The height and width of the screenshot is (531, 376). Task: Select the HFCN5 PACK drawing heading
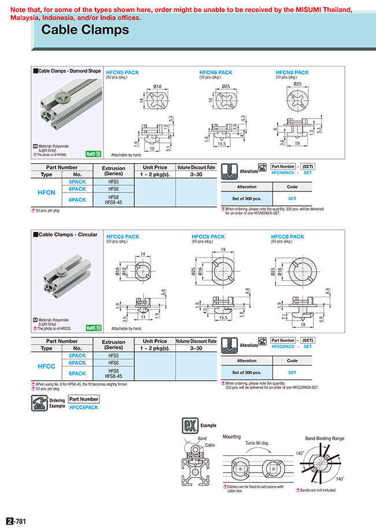pyautogui.click(x=122, y=72)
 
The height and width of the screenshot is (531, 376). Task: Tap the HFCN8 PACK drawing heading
pyautogui.click(x=292, y=72)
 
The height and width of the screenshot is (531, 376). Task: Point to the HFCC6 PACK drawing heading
pyautogui.click(x=208, y=237)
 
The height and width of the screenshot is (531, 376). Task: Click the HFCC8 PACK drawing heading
pyautogui.click(x=287, y=237)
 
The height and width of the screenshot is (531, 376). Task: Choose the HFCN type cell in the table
pyautogui.click(x=46, y=193)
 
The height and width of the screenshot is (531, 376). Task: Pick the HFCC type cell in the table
pyautogui.click(x=46, y=367)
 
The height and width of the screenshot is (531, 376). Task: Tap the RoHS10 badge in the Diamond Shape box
pyautogui.click(x=93, y=154)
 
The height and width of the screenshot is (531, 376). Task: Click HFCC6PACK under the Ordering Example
pyautogui.click(x=83, y=407)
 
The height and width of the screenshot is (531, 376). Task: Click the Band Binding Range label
pyautogui.click(x=325, y=438)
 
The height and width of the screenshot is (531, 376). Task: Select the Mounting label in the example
pyautogui.click(x=233, y=438)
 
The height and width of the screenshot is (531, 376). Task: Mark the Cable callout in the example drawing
pyautogui.click(x=209, y=445)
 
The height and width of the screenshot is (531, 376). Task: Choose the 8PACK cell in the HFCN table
pyautogui.click(x=77, y=200)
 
